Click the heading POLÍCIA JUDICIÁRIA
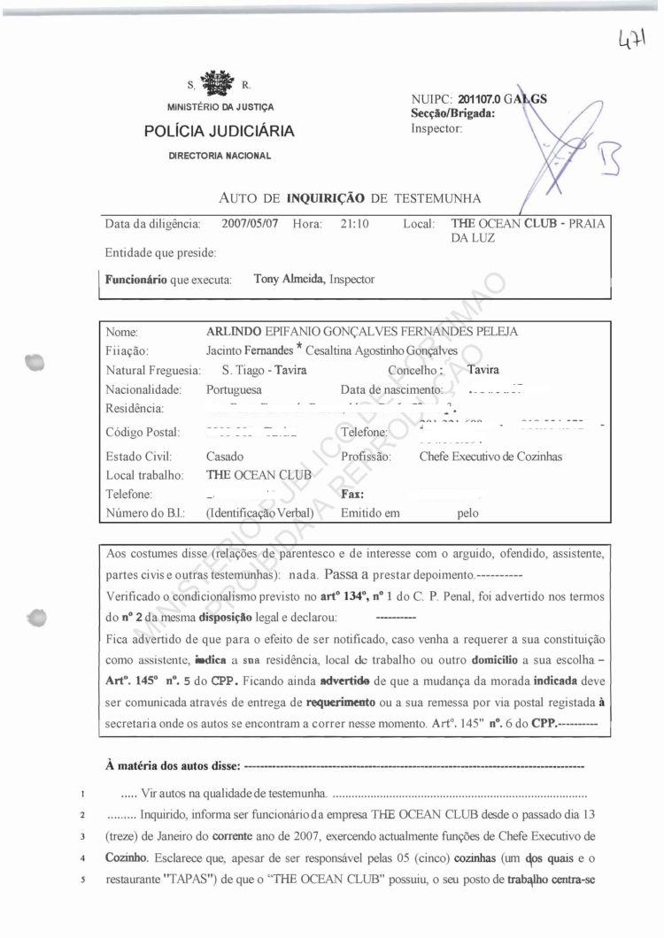(219, 132)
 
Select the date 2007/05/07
(250, 224)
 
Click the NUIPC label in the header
(430, 98)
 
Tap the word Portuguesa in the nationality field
(234, 389)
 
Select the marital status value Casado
(225, 457)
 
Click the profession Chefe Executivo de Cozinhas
(490, 457)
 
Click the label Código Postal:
(143, 433)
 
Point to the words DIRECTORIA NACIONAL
(220, 156)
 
